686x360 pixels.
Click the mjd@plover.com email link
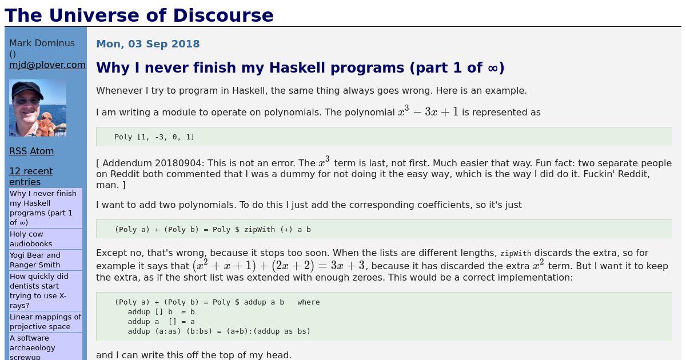pyautogui.click(x=47, y=65)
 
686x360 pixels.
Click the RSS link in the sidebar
pyautogui.click(x=18, y=151)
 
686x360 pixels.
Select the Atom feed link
pyautogui.click(x=42, y=151)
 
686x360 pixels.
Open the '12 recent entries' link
pyautogui.click(x=31, y=177)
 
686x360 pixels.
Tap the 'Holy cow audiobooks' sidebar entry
pyautogui.click(x=31, y=239)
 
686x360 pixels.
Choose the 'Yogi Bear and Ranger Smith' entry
pyautogui.click(x=35, y=260)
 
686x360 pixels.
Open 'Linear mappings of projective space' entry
pyautogui.click(x=45, y=322)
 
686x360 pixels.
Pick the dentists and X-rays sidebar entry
pyautogui.click(x=39, y=291)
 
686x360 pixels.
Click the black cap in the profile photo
pyautogui.click(x=27, y=89)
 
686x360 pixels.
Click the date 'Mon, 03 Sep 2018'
pyautogui.click(x=148, y=44)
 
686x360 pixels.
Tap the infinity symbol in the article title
pyautogui.click(x=493, y=68)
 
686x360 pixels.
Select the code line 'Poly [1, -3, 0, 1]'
pyautogui.click(x=154, y=137)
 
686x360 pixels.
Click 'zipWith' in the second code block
pyautogui.click(x=260, y=230)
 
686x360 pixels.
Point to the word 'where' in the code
pyautogui.click(x=308, y=302)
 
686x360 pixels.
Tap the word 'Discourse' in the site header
pyautogui.click(x=224, y=15)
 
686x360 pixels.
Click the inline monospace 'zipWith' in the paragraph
pyautogui.click(x=516, y=254)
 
